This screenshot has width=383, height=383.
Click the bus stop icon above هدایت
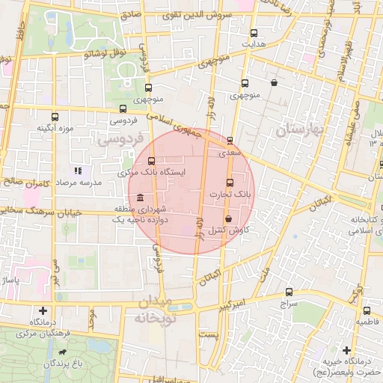point(254,33)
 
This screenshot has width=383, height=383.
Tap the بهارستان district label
point(297,130)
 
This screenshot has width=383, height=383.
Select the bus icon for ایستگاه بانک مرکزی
point(152,161)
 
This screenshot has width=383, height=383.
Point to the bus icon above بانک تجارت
point(230,183)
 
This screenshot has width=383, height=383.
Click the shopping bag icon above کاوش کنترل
point(228,218)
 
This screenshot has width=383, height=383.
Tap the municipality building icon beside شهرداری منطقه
point(141,197)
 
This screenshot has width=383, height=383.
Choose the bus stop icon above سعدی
point(230,140)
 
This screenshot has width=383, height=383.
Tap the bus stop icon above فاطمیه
point(366,310)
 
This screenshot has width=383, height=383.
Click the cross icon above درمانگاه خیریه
point(346,349)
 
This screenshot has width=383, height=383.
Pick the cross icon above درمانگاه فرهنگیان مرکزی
point(42,310)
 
